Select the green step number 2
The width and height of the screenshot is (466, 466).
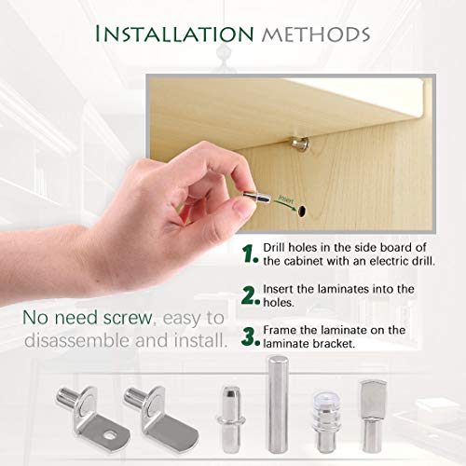click(249, 295)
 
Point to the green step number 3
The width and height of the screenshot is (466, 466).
click(249, 335)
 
